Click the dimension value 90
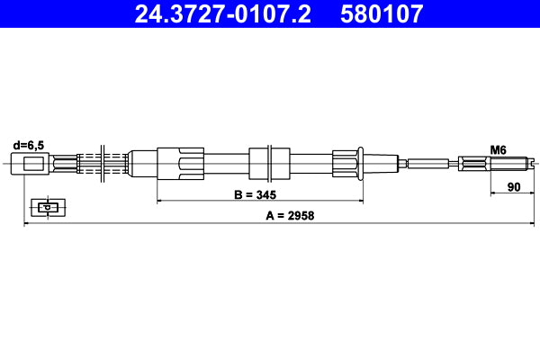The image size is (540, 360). (x=515, y=187)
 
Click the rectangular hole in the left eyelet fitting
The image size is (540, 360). (x=33, y=164)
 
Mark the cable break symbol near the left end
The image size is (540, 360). (x=104, y=164)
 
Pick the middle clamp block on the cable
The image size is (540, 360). (x=270, y=164)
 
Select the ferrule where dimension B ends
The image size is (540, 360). (x=346, y=164)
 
